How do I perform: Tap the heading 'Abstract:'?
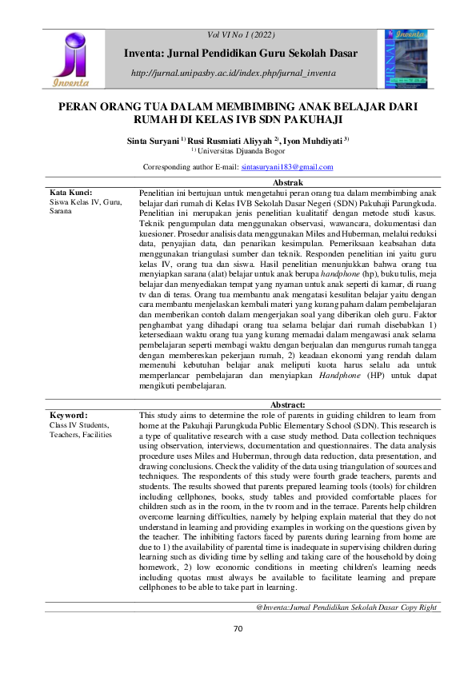point(288,405)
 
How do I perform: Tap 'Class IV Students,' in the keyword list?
point(81,426)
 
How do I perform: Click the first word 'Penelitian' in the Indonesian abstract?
point(159,193)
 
